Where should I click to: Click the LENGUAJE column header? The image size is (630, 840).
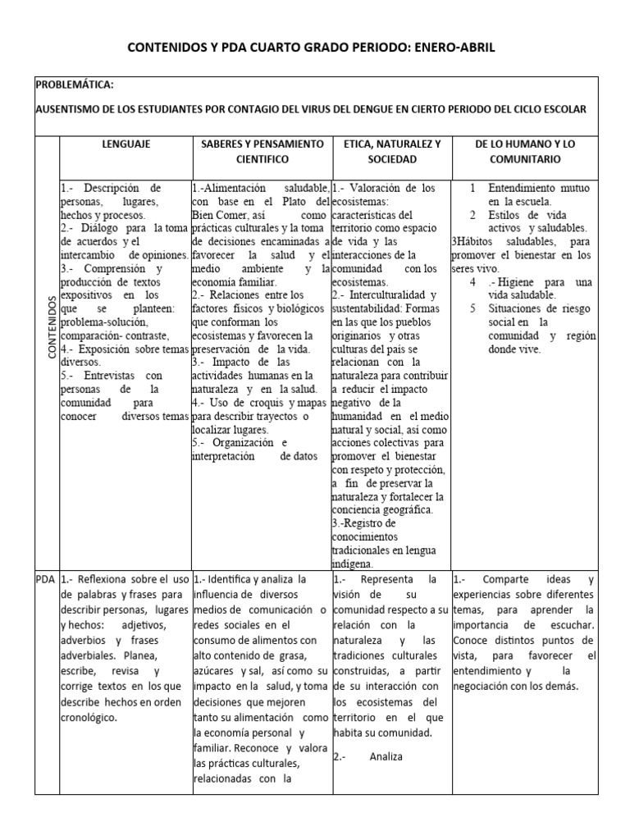tap(125, 144)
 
